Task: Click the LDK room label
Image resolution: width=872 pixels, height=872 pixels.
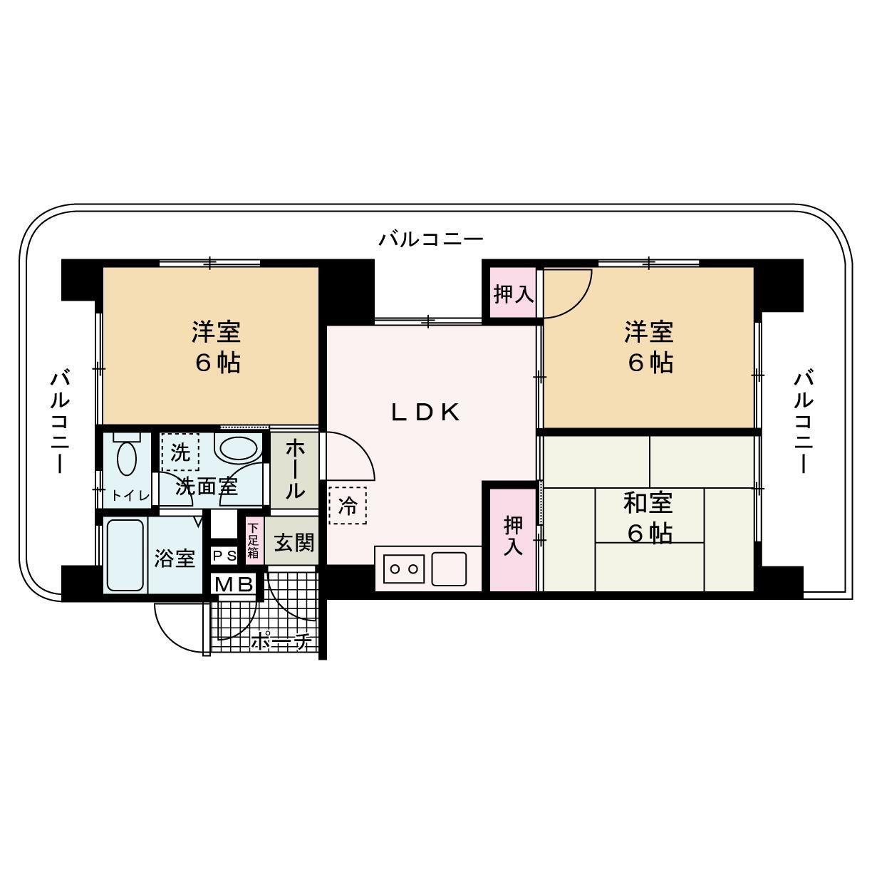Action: pyautogui.click(x=425, y=412)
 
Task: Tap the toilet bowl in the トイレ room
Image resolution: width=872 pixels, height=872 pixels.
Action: pyautogui.click(x=126, y=457)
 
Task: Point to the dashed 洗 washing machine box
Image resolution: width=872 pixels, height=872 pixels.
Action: pyautogui.click(x=180, y=452)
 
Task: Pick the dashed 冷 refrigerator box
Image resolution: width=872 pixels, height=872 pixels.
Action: pyautogui.click(x=348, y=505)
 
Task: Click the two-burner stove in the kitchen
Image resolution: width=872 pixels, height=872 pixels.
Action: pyautogui.click(x=404, y=569)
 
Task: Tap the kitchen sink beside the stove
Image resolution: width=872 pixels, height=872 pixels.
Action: pyautogui.click(x=449, y=569)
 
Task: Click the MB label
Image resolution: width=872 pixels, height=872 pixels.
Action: pyautogui.click(x=234, y=585)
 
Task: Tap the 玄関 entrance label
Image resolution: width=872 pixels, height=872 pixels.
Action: pyautogui.click(x=294, y=543)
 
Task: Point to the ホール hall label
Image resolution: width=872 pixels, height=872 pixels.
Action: pyautogui.click(x=294, y=469)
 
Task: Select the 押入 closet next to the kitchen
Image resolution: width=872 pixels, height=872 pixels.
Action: pyautogui.click(x=513, y=536)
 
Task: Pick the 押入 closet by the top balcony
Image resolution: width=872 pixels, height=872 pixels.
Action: pyautogui.click(x=514, y=293)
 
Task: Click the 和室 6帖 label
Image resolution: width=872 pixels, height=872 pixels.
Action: pyautogui.click(x=648, y=517)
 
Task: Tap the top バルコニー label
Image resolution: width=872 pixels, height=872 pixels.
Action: pyautogui.click(x=431, y=239)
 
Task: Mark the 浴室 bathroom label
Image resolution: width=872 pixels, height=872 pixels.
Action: pyautogui.click(x=175, y=558)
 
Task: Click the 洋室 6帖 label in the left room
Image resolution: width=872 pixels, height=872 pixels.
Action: pyautogui.click(x=215, y=347)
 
